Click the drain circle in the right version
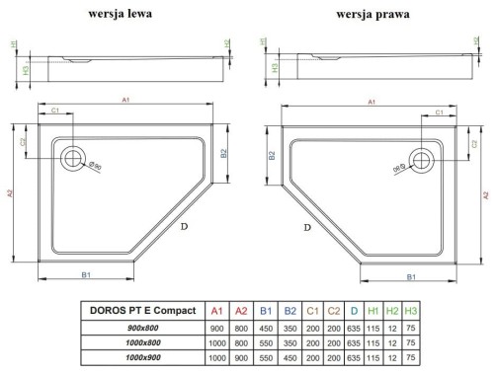[x=422, y=158]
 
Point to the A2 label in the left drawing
[x=12, y=193]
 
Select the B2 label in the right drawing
[x=271, y=156]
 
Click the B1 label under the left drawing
[x=86, y=274]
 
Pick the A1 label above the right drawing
[x=370, y=102]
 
